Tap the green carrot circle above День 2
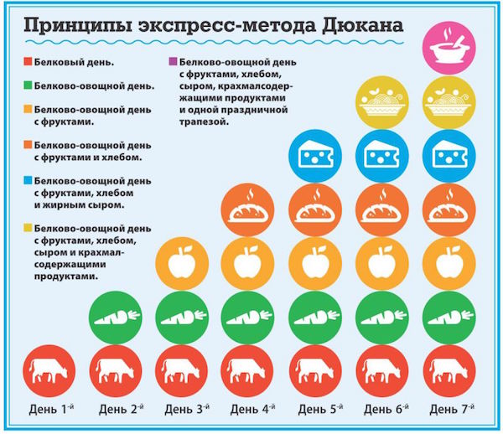[x=115, y=316]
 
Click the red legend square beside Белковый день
[x=29, y=62]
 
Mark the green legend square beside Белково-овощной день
[x=29, y=85]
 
